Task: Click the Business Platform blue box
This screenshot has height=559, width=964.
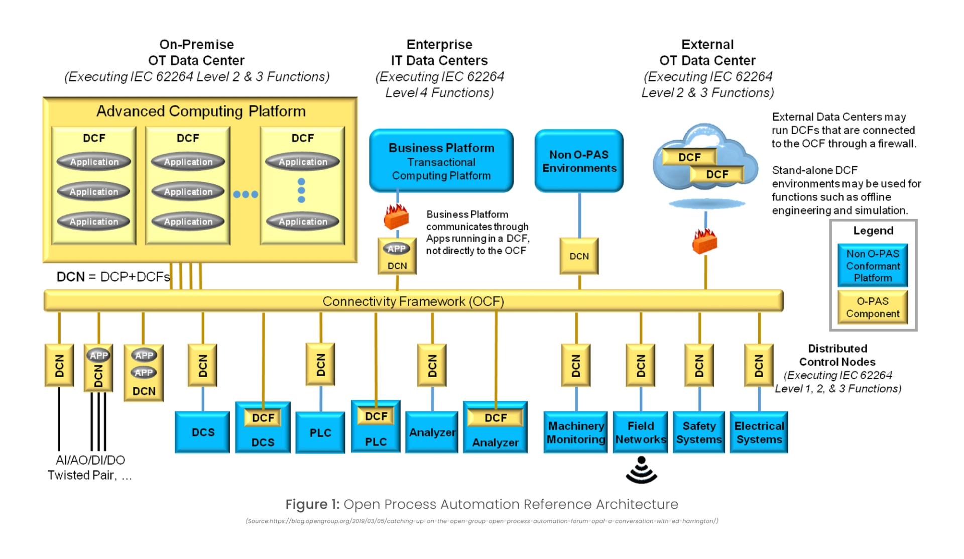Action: tap(441, 161)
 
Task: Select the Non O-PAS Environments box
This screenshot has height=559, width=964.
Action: tap(578, 161)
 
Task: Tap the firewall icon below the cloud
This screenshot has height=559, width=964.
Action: tap(704, 242)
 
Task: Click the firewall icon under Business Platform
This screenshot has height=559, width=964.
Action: tap(396, 216)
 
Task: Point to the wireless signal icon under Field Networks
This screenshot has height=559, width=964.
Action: tap(641, 470)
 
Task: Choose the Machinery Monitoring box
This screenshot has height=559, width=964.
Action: tap(575, 432)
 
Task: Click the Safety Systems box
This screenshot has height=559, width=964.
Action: tap(698, 432)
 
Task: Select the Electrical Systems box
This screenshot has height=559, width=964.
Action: tap(759, 432)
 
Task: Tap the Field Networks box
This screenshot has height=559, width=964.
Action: tap(640, 432)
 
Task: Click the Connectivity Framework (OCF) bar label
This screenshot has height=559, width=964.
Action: tap(413, 301)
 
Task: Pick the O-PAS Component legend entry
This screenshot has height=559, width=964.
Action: tap(872, 307)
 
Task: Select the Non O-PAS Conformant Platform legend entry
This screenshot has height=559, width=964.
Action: tap(872, 266)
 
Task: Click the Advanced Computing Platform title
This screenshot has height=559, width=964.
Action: tap(201, 111)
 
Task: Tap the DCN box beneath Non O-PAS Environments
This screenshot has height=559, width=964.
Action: tap(579, 256)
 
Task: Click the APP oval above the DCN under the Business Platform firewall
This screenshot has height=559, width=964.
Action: tap(396, 249)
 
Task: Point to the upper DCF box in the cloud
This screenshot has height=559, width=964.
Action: tap(689, 157)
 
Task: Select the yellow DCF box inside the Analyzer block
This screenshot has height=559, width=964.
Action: tap(495, 418)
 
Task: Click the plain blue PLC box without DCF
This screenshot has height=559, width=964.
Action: tap(320, 432)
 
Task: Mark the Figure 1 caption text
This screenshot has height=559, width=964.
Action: tap(481, 504)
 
